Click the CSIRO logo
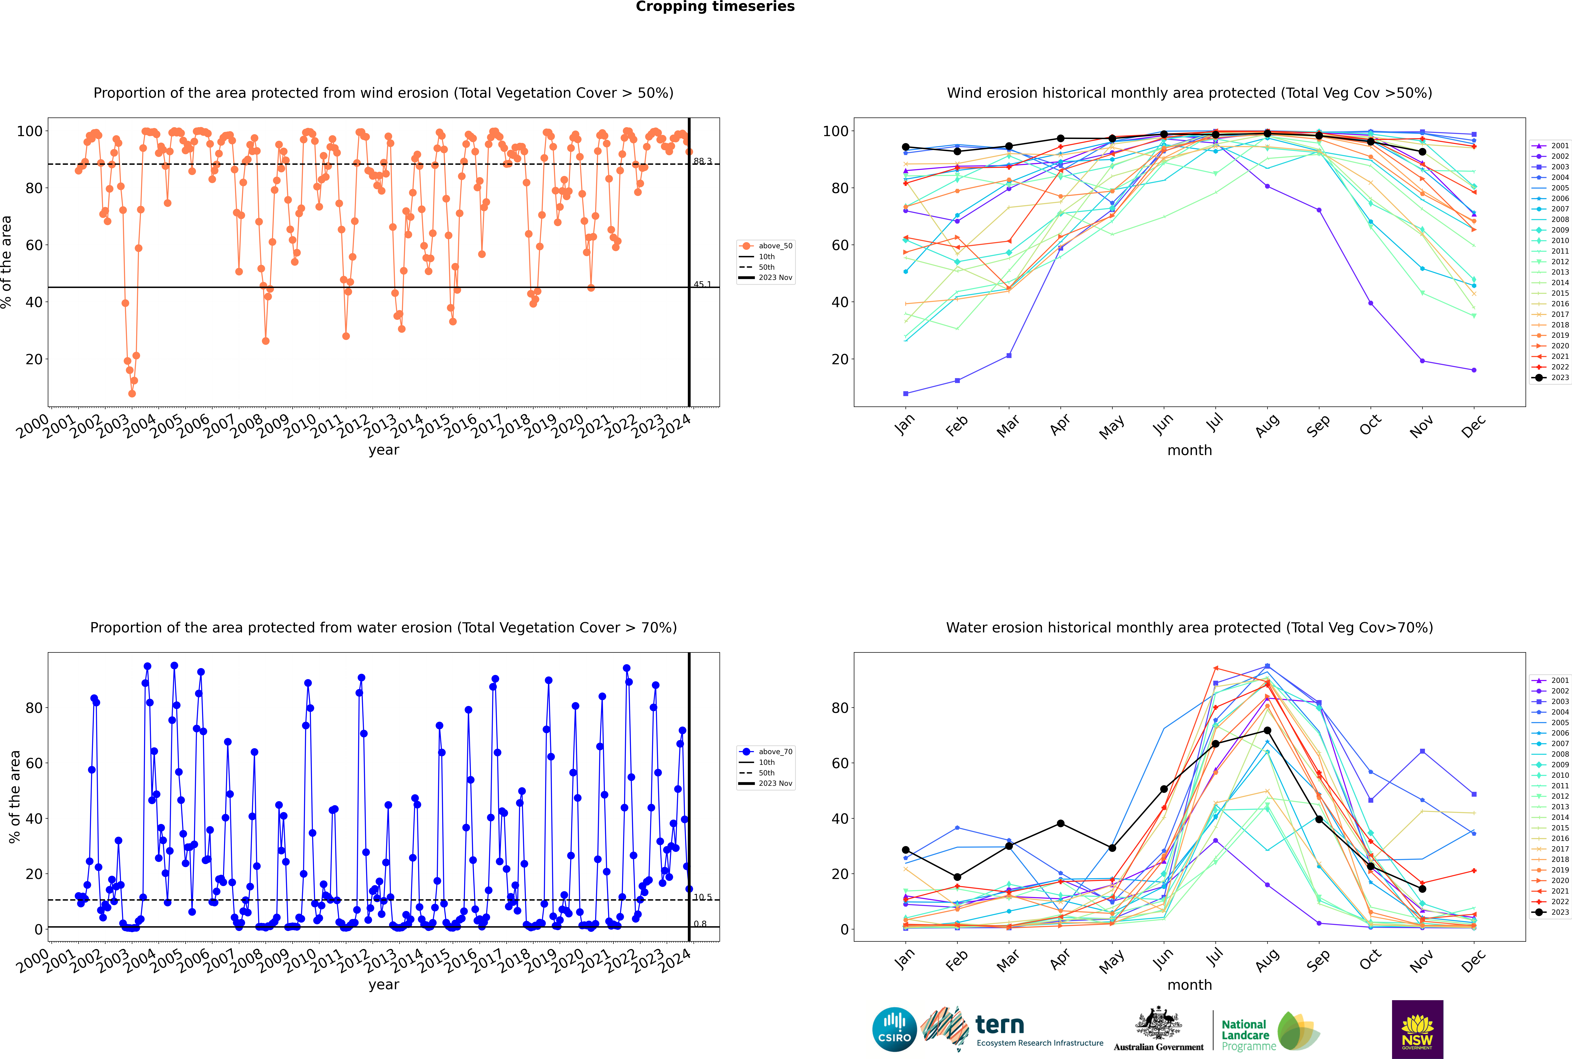pos(894,1029)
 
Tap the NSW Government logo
pos(1417,1029)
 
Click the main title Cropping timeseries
pos(715,7)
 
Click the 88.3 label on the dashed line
pos(702,161)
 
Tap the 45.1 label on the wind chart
pos(702,284)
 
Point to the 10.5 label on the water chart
pos(702,897)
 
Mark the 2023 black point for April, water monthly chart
pos(1060,823)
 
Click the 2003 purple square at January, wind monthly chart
pos(906,393)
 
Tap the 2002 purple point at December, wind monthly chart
pos(1474,370)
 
